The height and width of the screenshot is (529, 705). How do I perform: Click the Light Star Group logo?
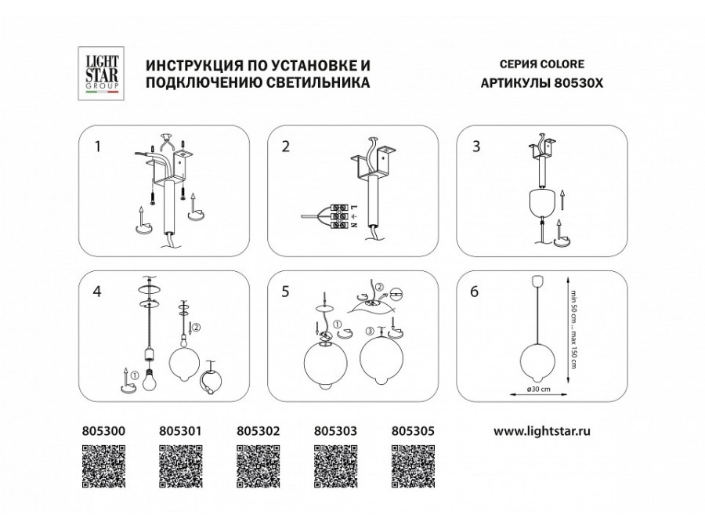click(x=100, y=72)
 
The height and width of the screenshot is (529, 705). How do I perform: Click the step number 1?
click(x=97, y=146)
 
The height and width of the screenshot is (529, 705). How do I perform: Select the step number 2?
click(x=285, y=146)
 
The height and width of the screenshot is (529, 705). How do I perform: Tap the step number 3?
click(x=475, y=146)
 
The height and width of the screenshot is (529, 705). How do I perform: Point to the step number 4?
click(x=97, y=292)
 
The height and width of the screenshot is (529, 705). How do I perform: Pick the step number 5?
click(x=285, y=292)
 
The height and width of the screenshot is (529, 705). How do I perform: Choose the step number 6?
click(x=475, y=292)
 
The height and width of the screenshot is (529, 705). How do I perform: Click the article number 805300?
click(x=103, y=430)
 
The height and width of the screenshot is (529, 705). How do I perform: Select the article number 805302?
click(x=258, y=430)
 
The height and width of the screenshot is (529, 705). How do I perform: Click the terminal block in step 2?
click(x=338, y=216)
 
